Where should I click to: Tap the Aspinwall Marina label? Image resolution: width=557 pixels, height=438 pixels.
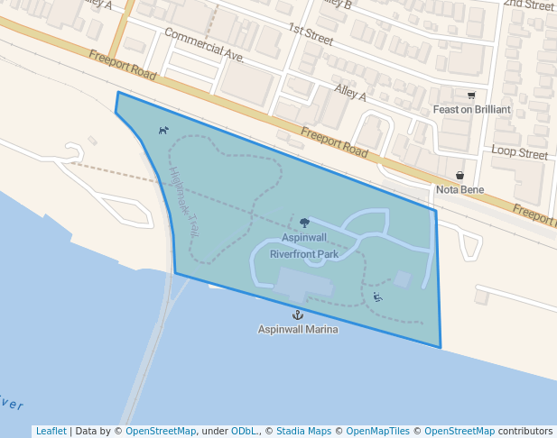click(298, 329)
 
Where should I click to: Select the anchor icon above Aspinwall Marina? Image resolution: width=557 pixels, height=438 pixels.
click(297, 315)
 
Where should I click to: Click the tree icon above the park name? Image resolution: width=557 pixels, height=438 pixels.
click(304, 223)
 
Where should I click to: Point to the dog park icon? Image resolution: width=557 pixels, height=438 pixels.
click(163, 131)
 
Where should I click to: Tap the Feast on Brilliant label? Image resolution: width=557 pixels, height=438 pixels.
click(471, 109)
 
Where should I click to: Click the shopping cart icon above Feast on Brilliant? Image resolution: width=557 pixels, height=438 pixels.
click(471, 96)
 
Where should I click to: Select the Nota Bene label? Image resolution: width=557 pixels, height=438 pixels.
click(460, 189)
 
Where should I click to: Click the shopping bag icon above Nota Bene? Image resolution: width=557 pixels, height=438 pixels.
click(460, 176)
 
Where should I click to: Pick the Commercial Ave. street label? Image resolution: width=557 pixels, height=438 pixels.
click(205, 45)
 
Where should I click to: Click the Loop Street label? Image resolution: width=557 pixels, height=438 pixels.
click(520, 153)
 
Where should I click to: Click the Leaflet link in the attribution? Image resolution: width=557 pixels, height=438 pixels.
click(51, 431)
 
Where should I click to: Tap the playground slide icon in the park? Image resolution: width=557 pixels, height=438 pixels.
click(377, 297)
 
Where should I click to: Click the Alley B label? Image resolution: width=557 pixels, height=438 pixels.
click(335, 5)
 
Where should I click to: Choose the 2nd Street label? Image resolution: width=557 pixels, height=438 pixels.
click(528, 5)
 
